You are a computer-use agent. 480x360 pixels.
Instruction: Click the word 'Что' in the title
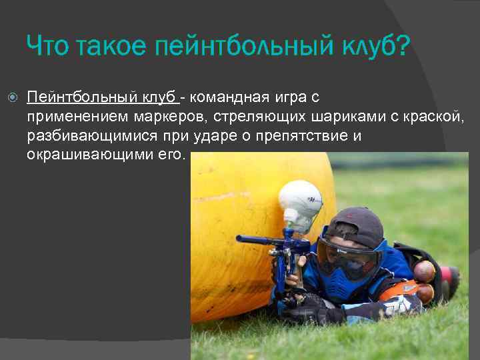click(47, 47)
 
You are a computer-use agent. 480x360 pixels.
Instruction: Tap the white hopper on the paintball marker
click(299, 199)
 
